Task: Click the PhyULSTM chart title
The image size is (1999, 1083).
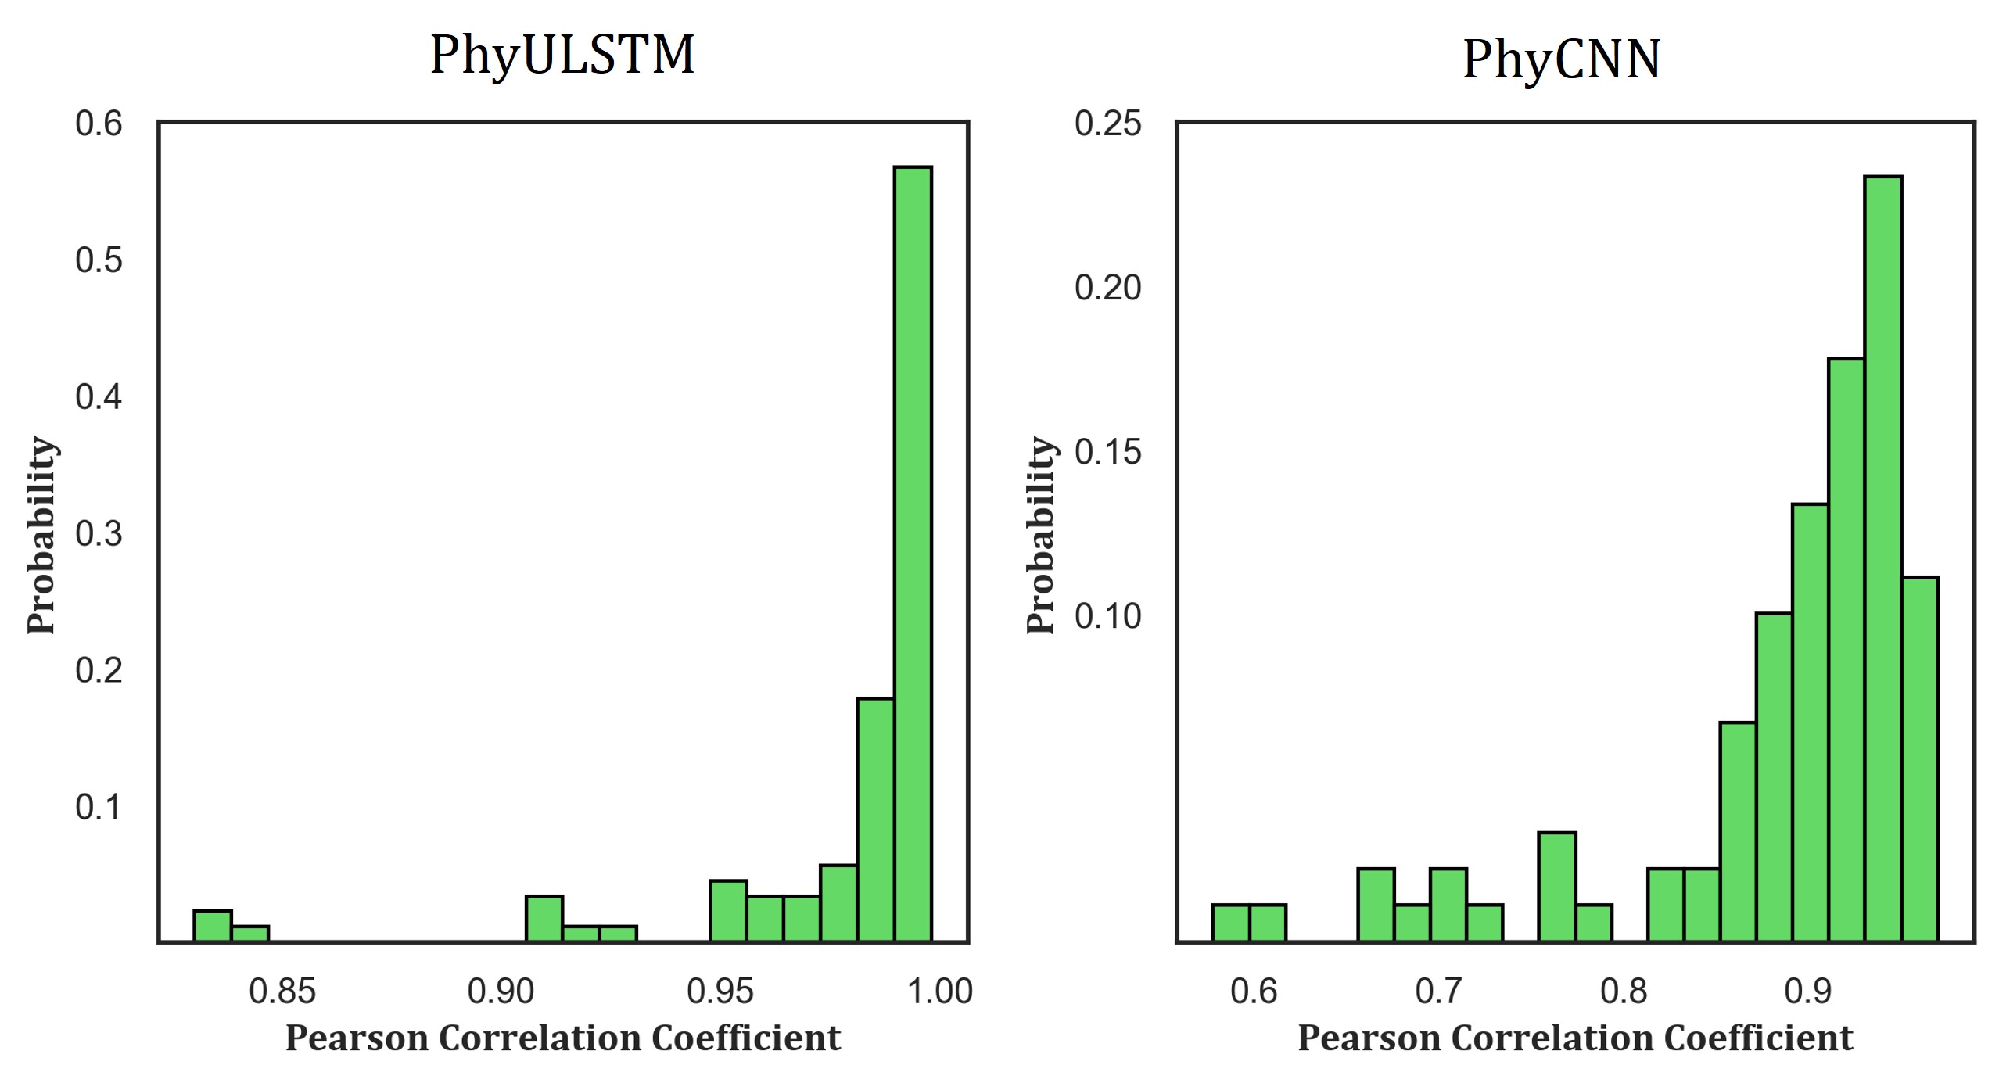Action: pos(562,56)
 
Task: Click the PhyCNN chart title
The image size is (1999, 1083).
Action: pos(1561,60)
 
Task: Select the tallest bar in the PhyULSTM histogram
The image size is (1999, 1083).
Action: pos(913,554)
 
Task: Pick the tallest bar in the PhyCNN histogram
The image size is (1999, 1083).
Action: pos(1882,558)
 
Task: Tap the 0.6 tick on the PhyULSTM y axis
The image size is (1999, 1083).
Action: pos(99,124)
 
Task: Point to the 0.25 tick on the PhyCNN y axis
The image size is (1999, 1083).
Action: pos(1107,124)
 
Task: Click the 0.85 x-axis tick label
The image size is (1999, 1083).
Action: pos(282,992)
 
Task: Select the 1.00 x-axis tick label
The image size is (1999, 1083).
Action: pos(939,992)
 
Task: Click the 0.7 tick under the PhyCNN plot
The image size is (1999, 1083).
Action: pos(1437,992)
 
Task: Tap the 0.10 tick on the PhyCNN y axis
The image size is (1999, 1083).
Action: pos(1107,616)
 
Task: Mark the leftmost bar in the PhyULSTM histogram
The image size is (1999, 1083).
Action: pos(212,927)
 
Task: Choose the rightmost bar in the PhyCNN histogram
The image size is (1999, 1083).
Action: pos(1919,758)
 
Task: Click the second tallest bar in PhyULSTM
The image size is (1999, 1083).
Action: pos(875,819)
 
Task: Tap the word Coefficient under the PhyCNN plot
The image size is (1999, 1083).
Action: pos(1758,1038)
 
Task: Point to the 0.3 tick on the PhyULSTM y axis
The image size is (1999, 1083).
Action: pos(99,534)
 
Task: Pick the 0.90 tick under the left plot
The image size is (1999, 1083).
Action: pos(501,992)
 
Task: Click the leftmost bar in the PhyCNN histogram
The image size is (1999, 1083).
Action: pos(1231,923)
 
